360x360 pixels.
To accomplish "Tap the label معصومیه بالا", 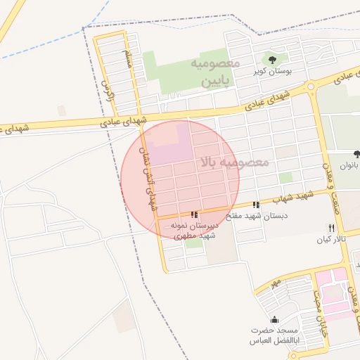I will tap(234, 162).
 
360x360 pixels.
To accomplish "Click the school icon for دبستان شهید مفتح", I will tap(255, 205).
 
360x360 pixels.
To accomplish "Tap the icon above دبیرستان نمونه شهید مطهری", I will tap(193, 214).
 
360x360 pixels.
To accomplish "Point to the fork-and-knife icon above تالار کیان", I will tap(331, 228).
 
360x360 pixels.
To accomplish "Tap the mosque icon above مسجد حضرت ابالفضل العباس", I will tap(274, 319).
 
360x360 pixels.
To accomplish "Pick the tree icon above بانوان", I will tap(356, 154).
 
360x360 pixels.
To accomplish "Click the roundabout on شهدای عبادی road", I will tap(311, 86).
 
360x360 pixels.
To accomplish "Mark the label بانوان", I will tap(349, 167).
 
